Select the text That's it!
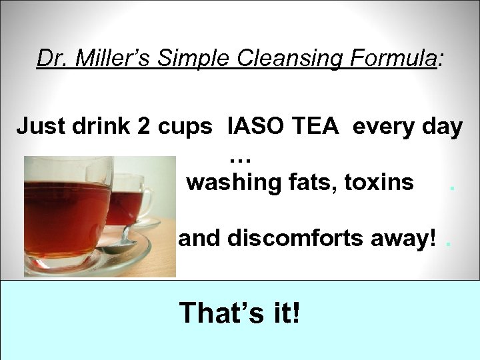[x=239, y=311]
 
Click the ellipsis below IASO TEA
[x=240, y=159]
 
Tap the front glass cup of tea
[x=67, y=213]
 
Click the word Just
[x=41, y=126]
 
